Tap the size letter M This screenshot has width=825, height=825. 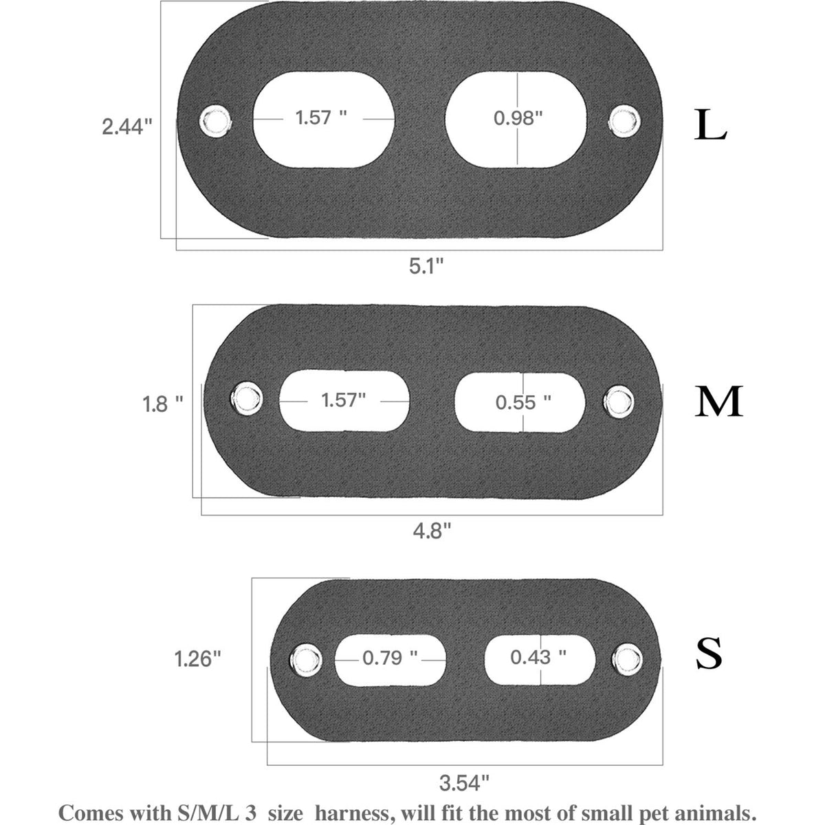718,401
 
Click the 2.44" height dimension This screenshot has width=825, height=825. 127,127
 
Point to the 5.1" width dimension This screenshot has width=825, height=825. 426,266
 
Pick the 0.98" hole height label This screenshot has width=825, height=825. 518,118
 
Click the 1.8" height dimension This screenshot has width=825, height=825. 163,404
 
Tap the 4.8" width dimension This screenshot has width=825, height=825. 432,531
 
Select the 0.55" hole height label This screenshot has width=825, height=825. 523,402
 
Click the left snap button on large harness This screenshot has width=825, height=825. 215,121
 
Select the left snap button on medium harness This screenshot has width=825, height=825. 247,398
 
